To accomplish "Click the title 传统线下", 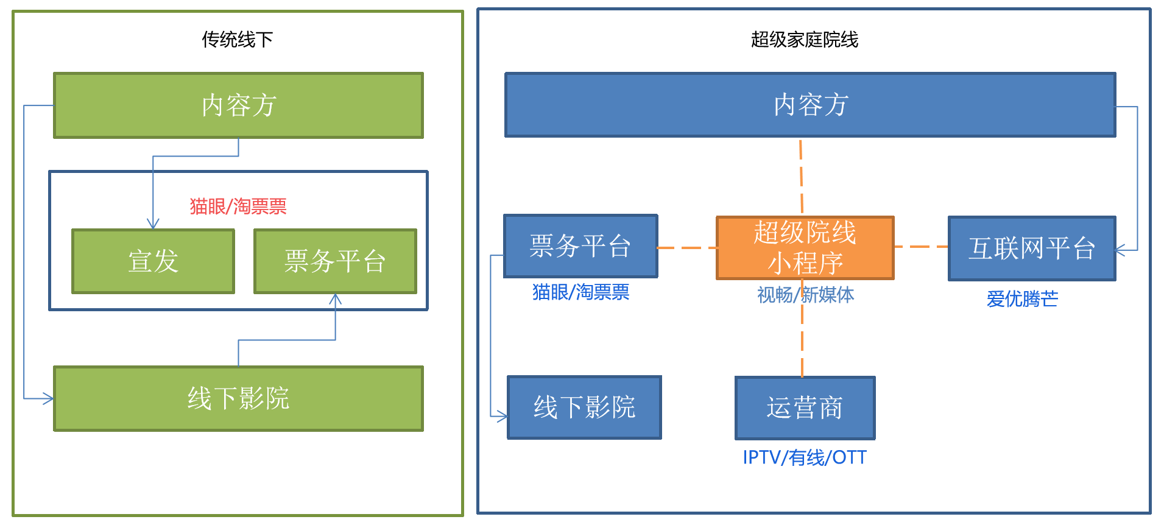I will pyautogui.click(x=237, y=40).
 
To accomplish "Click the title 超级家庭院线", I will pyautogui.click(x=804, y=40).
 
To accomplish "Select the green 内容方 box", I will pyautogui.click(x=238, y=105).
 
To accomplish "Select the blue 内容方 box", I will pyautogui.click(x=810, y=105).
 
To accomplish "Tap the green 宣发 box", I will pyautogui.click(x=153, y=261).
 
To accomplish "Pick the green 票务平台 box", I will pyautogui.click(x=335, y=261).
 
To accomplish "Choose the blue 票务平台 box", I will pyautogui.click(x=580, y=246).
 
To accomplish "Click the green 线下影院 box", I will pyautogui.click(x=238, y=398).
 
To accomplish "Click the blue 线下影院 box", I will pyautogui.click(x=584, y=407).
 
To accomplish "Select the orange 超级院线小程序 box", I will pyautogui.click(x=805, y=248).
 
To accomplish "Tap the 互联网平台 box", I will pyautogui.click(x=1032, y=248).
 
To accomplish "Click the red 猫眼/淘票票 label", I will pyautogui.click(x=238, y=206).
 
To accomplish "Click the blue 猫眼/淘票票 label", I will pyautogui.click(x=580, y=292).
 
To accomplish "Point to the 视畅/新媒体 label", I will pyautogui.click(x=805, y=295).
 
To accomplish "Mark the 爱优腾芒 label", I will pyautogui.click(x=1022, y=298).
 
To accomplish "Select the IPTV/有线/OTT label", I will pyautogui.click(x=804, y=457).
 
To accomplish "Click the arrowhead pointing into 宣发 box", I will pyautogui.click(x=153, y=224).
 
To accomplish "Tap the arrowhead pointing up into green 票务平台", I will pyautogui.click(x=335, y=299).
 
